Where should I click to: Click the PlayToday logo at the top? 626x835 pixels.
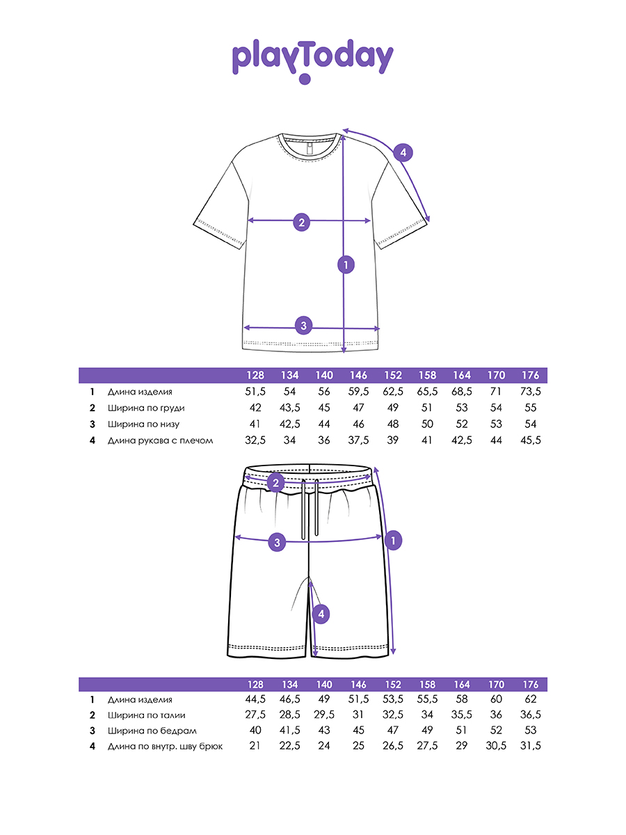[x=312, y=60]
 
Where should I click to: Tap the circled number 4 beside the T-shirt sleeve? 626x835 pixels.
[x=403, y=152]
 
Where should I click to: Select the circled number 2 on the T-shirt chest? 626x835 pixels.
[x=301, y=223]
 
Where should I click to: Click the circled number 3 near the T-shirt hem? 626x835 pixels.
[x=303, y=324]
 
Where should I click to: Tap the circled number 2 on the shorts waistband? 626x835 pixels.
[x=276, y=483]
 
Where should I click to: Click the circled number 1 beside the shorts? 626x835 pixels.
[x=393, y=539]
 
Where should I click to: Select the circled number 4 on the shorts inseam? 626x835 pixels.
[x=319, y=614]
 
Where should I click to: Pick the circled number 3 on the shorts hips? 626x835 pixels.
[x=277, y=542]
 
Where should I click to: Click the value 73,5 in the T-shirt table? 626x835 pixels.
[x=529, y=392]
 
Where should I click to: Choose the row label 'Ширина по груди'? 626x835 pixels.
[x=146, y=408]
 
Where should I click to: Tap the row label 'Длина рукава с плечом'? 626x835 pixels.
[x=160, y=440]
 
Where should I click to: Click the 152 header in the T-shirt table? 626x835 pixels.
[x=394, y=376]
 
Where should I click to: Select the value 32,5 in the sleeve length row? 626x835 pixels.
[x=256, y=440]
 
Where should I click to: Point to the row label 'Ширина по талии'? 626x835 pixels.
[x=147, y=715]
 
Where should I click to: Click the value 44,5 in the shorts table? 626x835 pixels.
[x=256, y=699]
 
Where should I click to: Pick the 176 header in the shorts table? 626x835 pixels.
[x=530, y=685]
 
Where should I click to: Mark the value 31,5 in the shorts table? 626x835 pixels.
[x=529, y=747]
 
